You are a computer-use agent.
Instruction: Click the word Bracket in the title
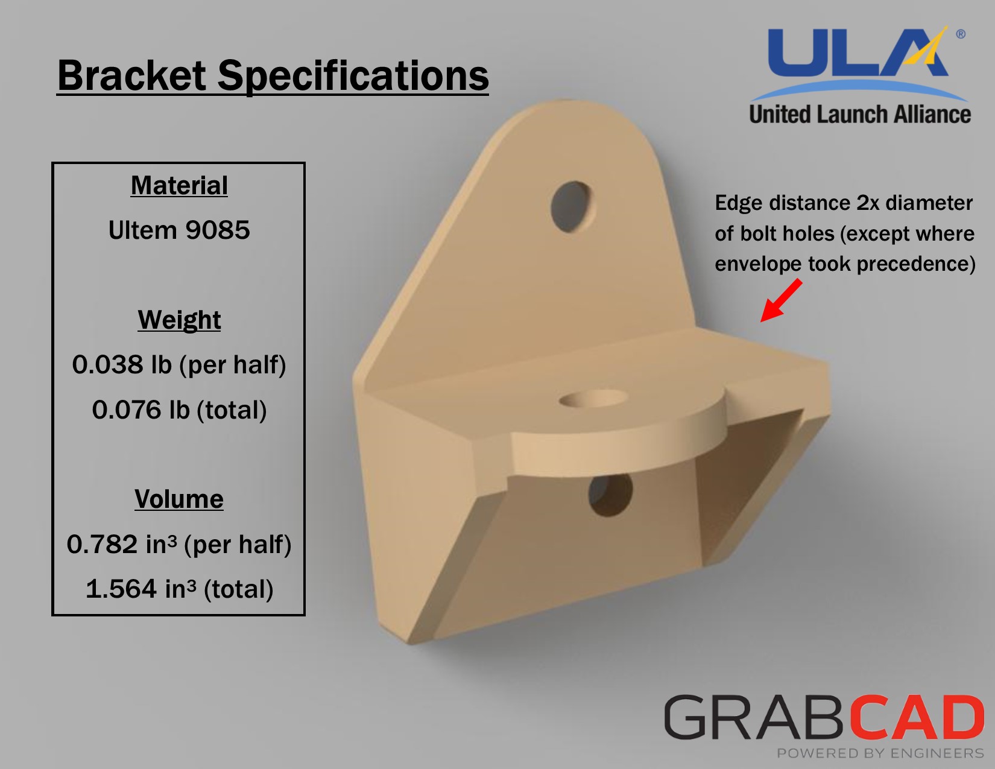click(x=132, y=75)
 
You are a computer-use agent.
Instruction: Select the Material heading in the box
click(x=179, y=186)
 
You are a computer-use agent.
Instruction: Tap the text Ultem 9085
click(x=179, y=230)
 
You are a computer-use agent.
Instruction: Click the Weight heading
click(x=179, y=320)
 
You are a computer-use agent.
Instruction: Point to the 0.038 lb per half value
click(x=179, y=365)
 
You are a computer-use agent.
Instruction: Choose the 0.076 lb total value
click(x=179, y=410)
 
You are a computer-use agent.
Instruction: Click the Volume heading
click(x=179, y=499)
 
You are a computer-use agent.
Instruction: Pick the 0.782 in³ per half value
click(x=179, y=545)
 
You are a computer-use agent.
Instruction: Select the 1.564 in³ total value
click(x=179, y=589)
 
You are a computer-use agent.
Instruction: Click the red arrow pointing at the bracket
click(x=781, y=300)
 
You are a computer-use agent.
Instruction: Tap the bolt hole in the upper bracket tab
click(x=572, y=207)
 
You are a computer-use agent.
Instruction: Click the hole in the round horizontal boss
click(x=593, y=399)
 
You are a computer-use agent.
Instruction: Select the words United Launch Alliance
click(x=860, y=115)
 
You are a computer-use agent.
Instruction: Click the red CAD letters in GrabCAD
click(x=917, y=717)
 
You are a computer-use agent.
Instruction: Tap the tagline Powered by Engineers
click(x=880, y=753)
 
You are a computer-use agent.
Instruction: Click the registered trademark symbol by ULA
click(x=961, y=34)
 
